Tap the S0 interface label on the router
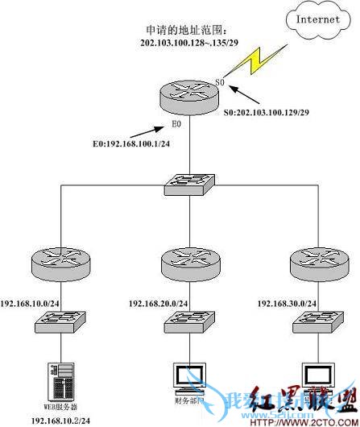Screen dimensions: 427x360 tap(218, 82)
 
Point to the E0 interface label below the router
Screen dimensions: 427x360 tap(176, 125)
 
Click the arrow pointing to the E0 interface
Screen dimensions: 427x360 tap(142, 130)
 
